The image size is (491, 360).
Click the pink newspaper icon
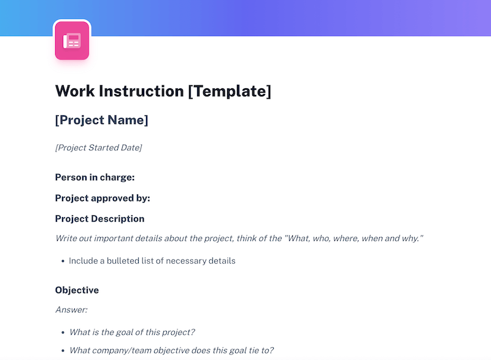tap(72, 41)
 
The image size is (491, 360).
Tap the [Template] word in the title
tap(230, 91)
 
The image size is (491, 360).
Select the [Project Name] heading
tap(101, 120)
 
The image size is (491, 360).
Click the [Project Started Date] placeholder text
tap(98, 148)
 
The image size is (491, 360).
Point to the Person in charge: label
tap(95, 177)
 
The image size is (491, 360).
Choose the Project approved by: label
tap(102, 198)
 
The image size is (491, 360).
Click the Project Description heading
tap(99, 219)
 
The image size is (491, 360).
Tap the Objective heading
tap(77, 290)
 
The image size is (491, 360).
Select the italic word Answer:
tap(71, 310)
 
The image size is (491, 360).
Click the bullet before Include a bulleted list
tap(63, 261)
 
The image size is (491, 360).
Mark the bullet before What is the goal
tap(63, 333)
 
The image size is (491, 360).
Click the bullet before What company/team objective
tap(63, 351)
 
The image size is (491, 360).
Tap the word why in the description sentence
tap(412, 238)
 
